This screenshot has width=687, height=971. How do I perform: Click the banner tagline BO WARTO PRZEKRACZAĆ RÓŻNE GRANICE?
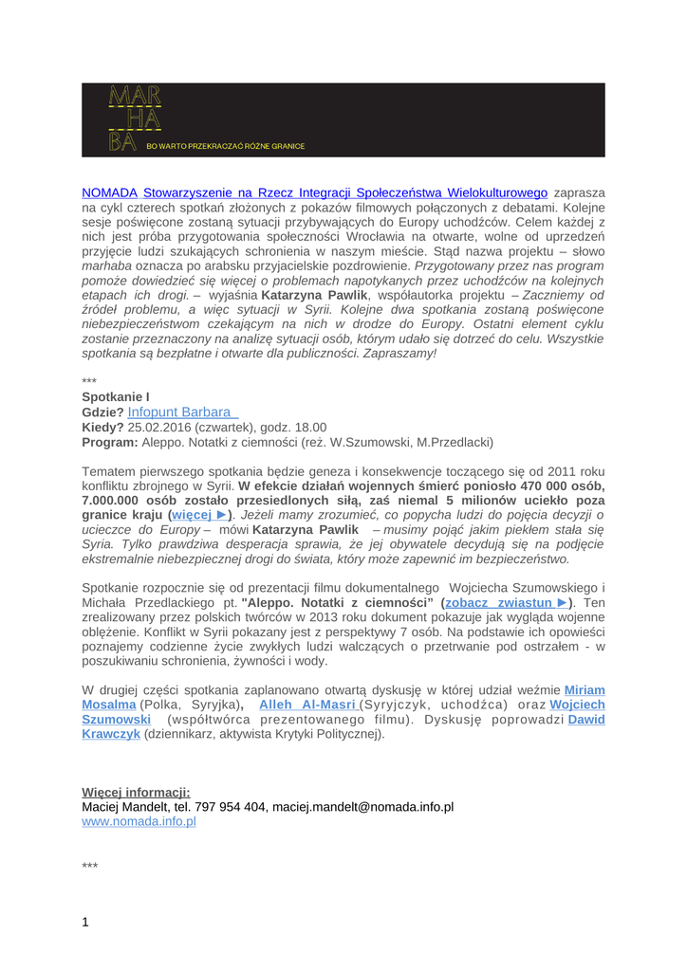[x=225, y=146]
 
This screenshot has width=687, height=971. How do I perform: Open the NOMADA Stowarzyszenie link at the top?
[x=315, y=192]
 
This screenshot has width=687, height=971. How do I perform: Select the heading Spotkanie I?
[x=116, y=395]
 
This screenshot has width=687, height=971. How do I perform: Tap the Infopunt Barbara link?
[x=181, y=412]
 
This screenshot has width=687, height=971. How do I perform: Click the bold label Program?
[x=110, y=443]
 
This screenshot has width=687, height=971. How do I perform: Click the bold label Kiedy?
[x=102, y=428]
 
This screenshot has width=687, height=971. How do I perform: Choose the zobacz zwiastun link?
[x=507, y=603]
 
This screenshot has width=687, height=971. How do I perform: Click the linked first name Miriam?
[x=585, y=690]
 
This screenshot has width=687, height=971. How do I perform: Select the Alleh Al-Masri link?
[x=308, y=705]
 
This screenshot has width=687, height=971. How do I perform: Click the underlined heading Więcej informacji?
[x=136, y=792]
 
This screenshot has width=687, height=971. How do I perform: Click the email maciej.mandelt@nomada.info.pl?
[x=362, y=807]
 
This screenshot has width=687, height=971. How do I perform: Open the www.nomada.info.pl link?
[x=139, y=821]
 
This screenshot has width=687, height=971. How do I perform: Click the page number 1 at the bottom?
[x=85, y=922]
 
